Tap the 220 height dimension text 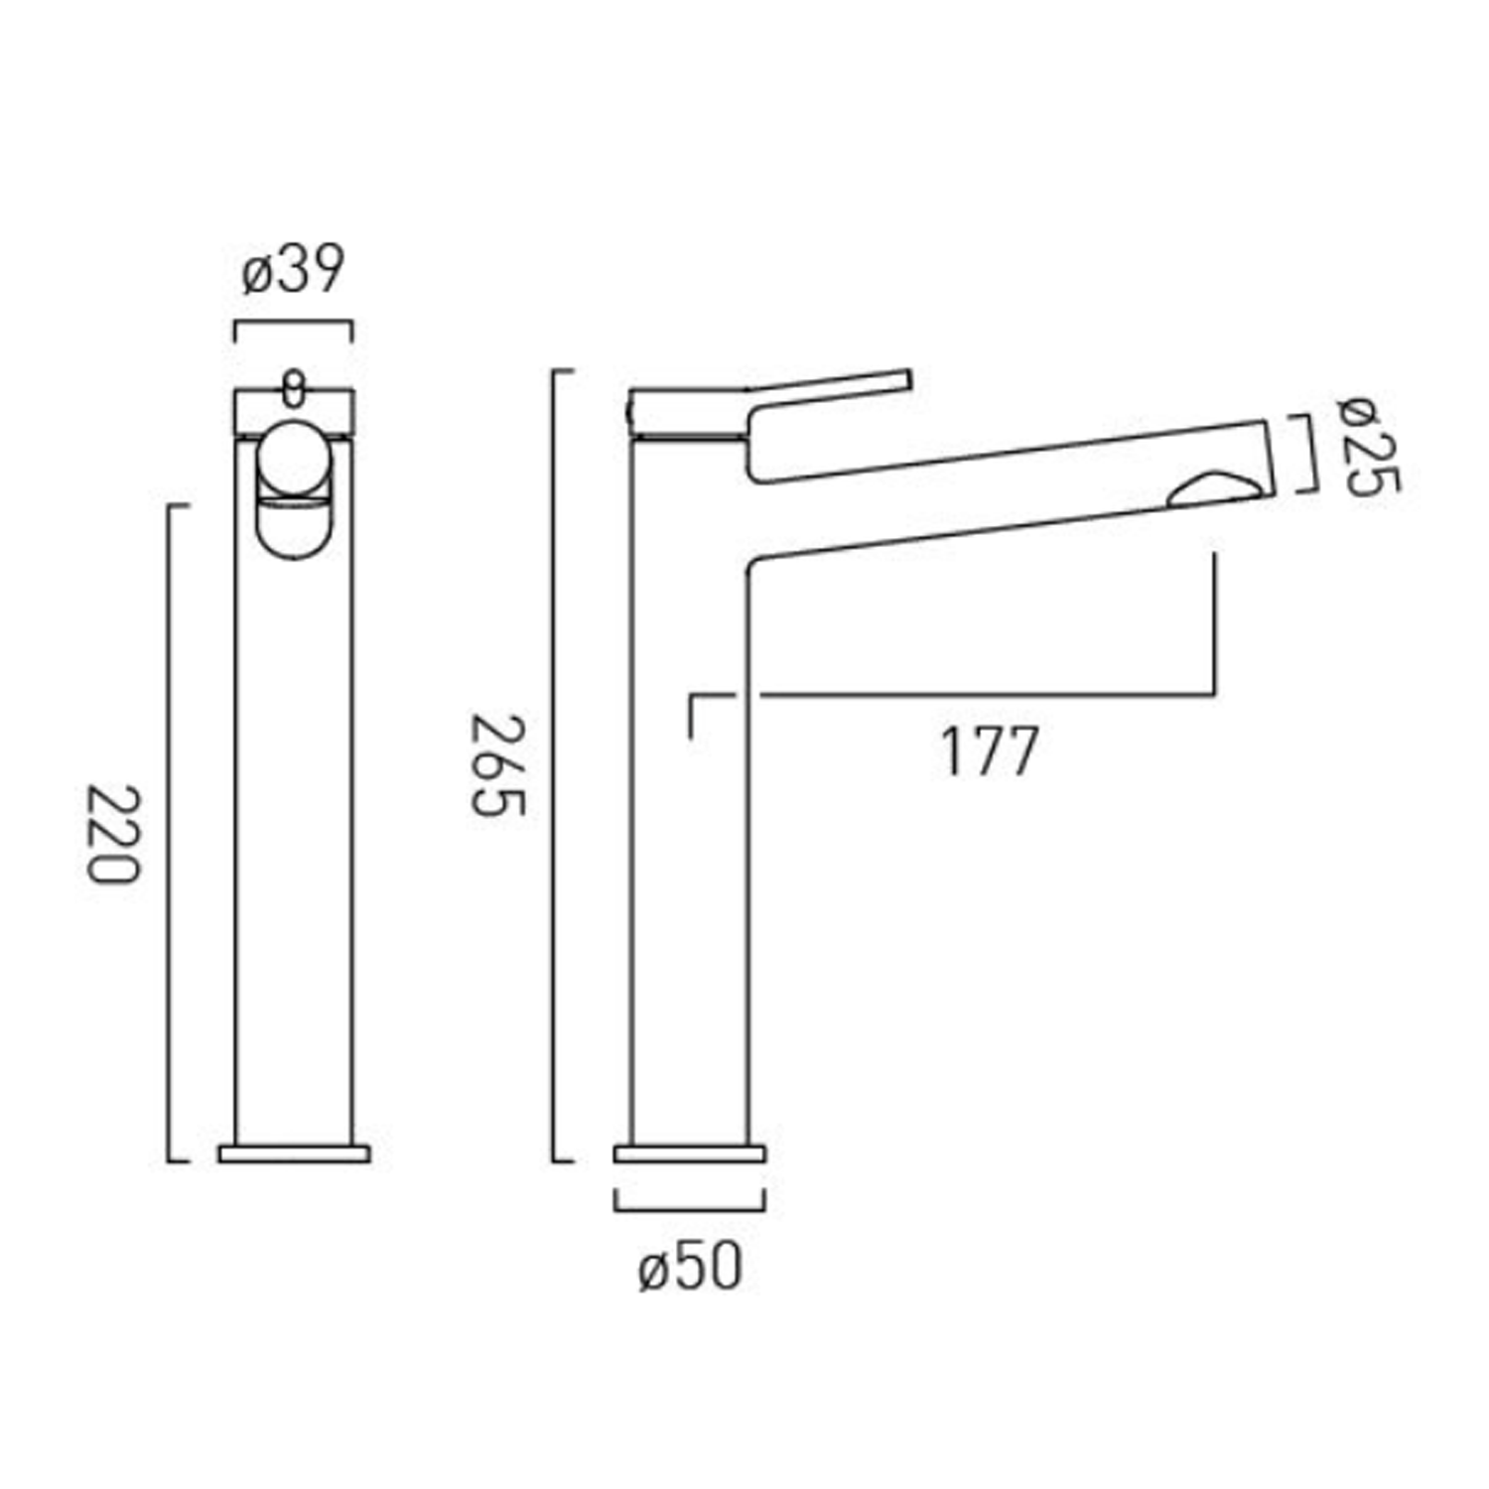[x=112, y=834]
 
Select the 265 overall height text [x=496, y=765]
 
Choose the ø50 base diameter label [x=690, y=1269]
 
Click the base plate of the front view [x=294, y=1153]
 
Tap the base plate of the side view [x=690, y=1153]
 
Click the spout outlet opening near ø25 [x=1215, y=491]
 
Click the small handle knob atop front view [x=294, y=388]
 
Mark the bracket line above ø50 [x=690, y=1210]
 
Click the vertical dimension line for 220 [x=169, y=834]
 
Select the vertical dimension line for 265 [x=554, y=764]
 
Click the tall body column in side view [x=690, y=844]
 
